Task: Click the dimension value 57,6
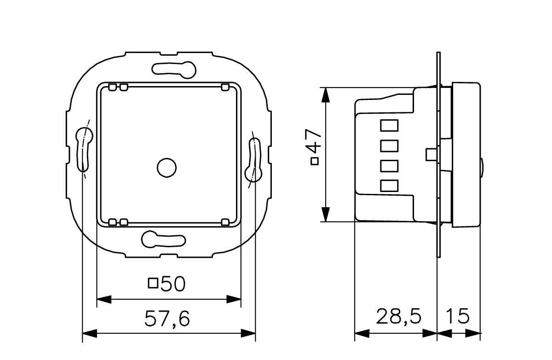tap(167, 319)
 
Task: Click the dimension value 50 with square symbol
tap(167, 284)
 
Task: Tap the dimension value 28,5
tap(399, 317)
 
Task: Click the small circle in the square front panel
tap(166, 168)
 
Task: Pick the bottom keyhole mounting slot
tap(163, 239)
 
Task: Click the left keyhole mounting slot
tap(83, 147)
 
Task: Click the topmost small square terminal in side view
tap(389, 125)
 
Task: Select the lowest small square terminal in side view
tap(389, 185)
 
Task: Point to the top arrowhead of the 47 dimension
tap(325, 94)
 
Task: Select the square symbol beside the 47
tap(315, 161)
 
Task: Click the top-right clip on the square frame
tap(225, 87)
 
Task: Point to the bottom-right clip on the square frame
tap(225, 222)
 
